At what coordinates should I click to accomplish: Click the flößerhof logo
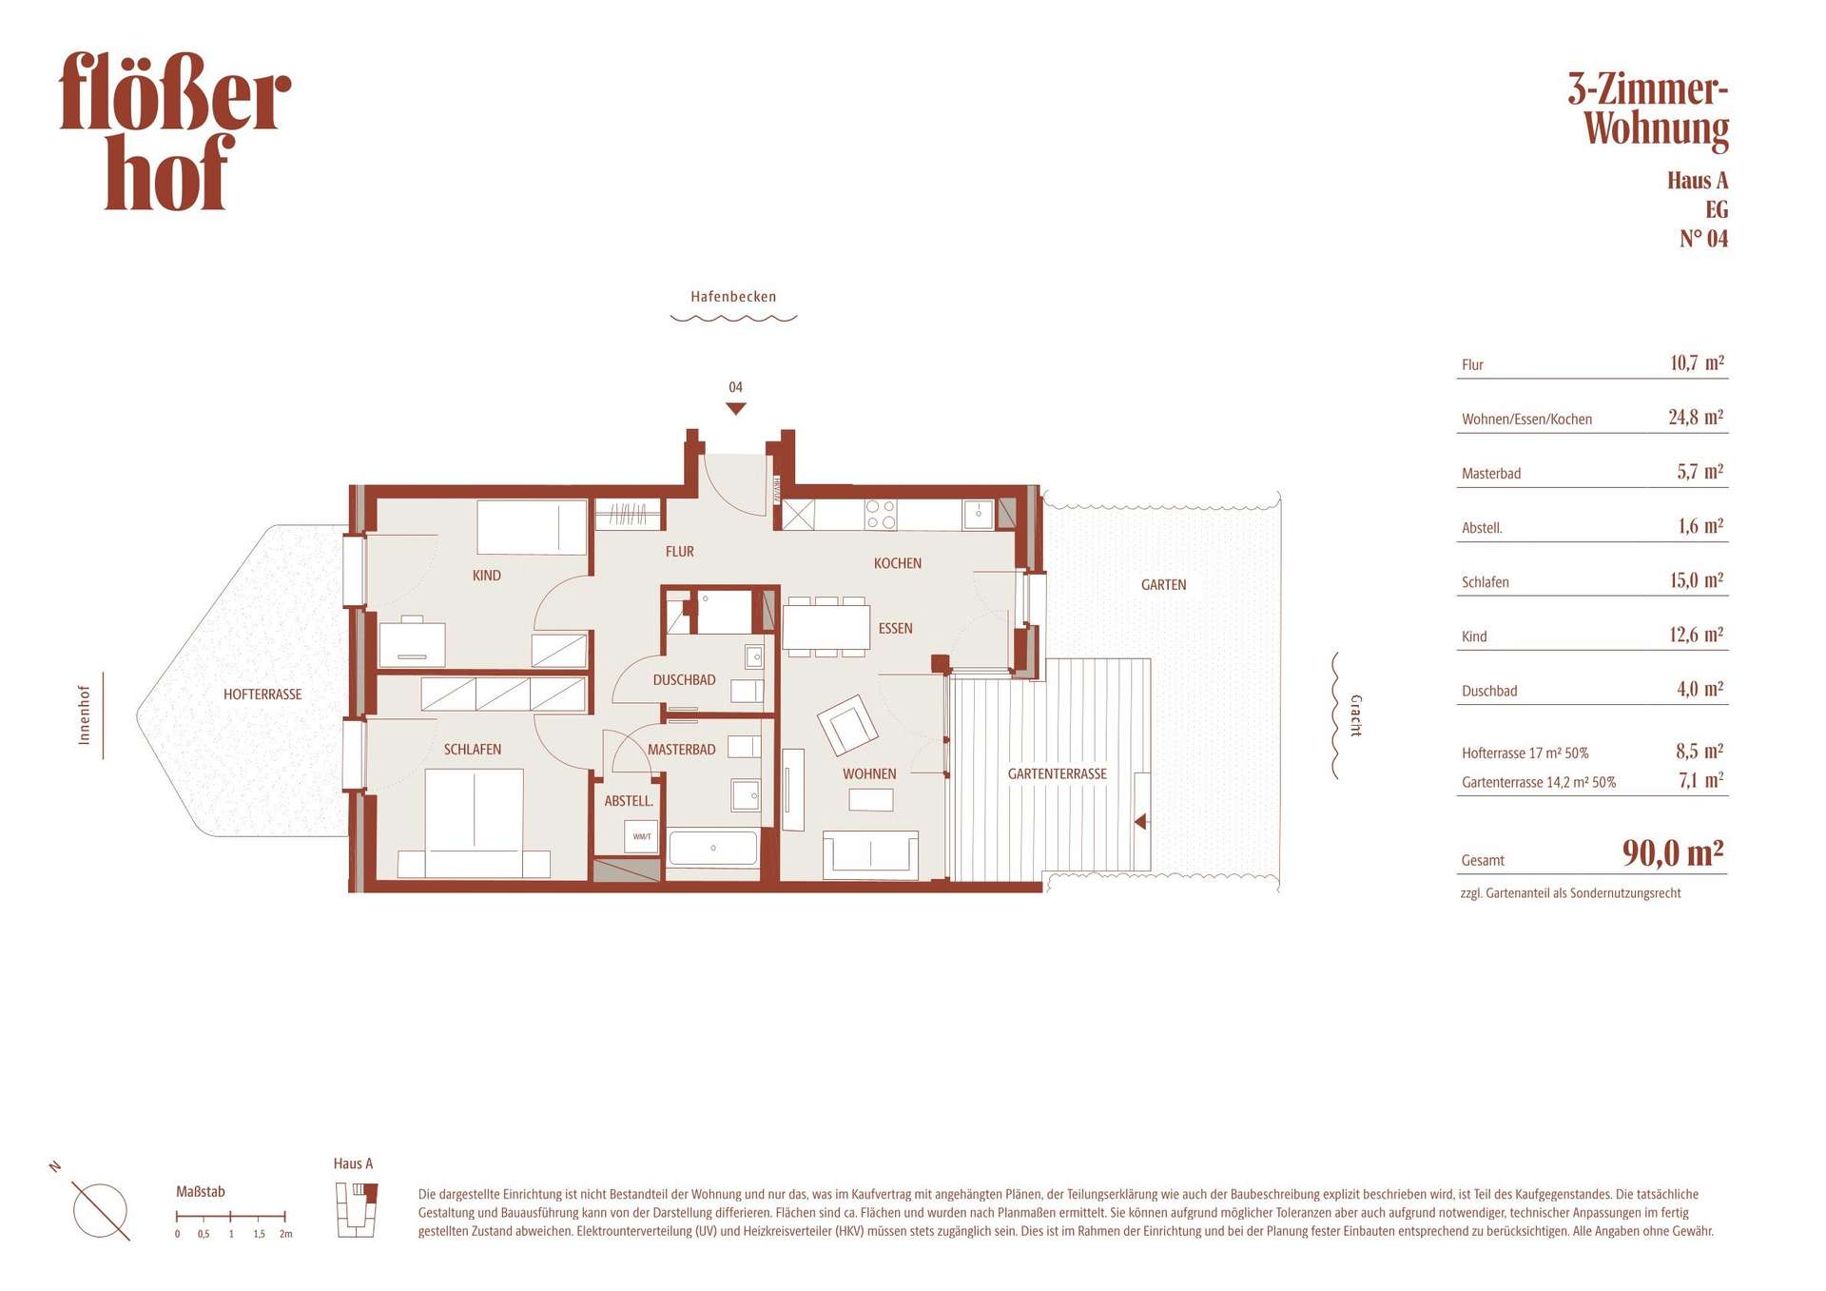[x=175, y=130]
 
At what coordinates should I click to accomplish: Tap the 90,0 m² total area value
[x=1673, y=852]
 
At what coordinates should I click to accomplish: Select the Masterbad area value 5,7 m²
[x=1700, y=472]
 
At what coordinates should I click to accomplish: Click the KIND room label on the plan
[x=486, y=576]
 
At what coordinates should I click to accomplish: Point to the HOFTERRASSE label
[x=262, y=694]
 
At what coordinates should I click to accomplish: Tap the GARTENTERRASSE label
[x=1057, y=774]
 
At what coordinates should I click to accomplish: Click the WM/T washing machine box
[x=642, y=836]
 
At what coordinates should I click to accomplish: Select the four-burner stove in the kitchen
[x=881, y=515]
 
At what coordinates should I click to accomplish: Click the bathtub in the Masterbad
[x=713, y=848]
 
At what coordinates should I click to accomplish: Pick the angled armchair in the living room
[x=847, y=725]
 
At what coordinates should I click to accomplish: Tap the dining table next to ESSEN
[x=826, y=627]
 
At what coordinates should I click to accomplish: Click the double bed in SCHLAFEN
[x=474, y=823]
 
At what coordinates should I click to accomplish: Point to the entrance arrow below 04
[x=735, y=409]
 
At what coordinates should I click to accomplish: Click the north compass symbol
[x=99, y=1211]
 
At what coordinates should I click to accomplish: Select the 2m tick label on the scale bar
[x=285, y=1234]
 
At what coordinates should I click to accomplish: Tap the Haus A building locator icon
[x=357, y=1209]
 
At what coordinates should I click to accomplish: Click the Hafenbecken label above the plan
[x=733, y=297]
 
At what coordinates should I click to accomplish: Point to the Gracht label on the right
[x=1356, y=715]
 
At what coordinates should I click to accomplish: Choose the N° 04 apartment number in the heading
[x=1703, y=239]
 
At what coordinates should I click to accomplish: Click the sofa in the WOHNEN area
[x=870, y=853]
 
